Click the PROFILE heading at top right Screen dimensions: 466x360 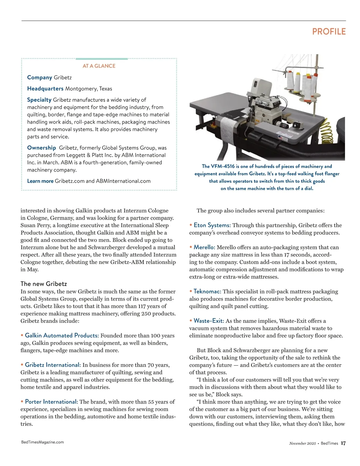click(329, 32)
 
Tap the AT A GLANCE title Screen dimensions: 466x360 click(99, 66)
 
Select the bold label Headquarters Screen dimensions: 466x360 click(45, 89)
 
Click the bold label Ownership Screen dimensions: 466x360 click(41, 148)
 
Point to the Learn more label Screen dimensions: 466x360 click(40, 181)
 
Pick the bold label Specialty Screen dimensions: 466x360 click(39, 100)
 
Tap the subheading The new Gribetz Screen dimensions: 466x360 click(44, 284)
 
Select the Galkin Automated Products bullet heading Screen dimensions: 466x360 click(62, 335)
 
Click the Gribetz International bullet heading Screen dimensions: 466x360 click(53, 365)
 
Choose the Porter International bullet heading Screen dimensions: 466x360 click(52, 402)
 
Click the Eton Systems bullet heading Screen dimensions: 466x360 click(212, 225)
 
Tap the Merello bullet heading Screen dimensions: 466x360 click(204, 247)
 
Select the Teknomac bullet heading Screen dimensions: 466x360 click(207, 291)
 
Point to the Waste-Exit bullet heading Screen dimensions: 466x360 click(209, 321)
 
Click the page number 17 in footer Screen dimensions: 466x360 click(343, 443)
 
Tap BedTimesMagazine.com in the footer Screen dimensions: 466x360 click(43, 442)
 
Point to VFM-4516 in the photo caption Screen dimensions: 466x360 click(223, 166)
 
